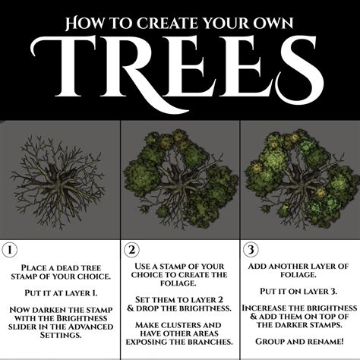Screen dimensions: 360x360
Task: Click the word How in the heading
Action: click(85, 24)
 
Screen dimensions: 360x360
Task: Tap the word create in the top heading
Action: click(152, 24)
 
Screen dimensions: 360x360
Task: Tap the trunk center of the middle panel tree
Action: click(179, 182)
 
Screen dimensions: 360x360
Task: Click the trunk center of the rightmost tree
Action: click(298, 182)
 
